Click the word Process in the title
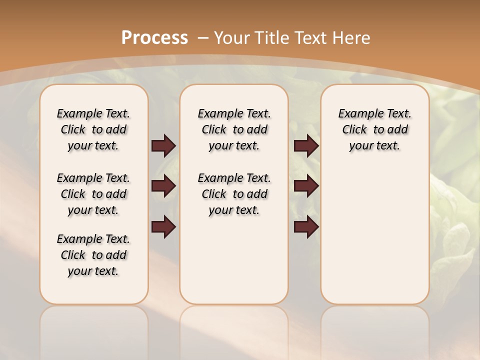(x=155, y=38)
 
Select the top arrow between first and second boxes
(x=163, y=146)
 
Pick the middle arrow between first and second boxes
(x=163, y=186)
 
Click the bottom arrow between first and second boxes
(x=163, y=227)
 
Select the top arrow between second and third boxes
(x=306, y=146)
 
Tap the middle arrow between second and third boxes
(x=306, y=186)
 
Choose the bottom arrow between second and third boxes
(x=306, y=227)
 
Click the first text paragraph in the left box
(x=93, y=129)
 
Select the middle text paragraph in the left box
(x=93, y=194)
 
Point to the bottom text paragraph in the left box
(x=93, y=255)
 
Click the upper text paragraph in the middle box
(x=234, y=129)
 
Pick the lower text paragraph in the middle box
(x=234, y=194)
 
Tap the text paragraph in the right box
(x=374, y=129)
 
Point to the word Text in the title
(x=312, y=38)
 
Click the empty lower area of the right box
(x=374, y=240)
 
